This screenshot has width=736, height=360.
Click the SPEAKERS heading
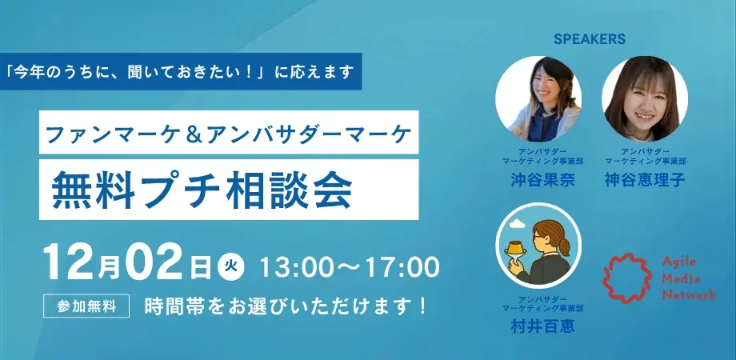pos(589,38)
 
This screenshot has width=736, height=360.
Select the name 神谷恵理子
pos(646,181)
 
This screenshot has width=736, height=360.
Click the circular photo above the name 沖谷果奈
pos(538,98)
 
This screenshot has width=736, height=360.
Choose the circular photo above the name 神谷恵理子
pos(645,98)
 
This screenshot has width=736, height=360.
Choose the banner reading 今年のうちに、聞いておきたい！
pos(181,71)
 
